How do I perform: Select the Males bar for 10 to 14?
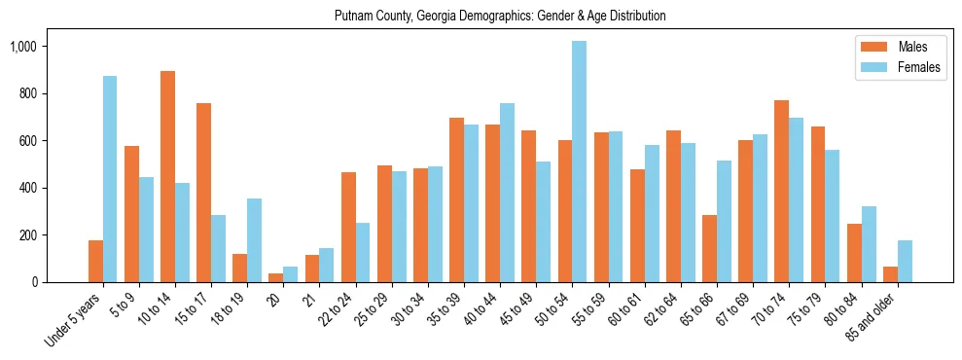point(167,176)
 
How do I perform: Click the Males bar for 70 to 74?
point(781,191)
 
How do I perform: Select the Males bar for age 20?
point(276,277)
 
